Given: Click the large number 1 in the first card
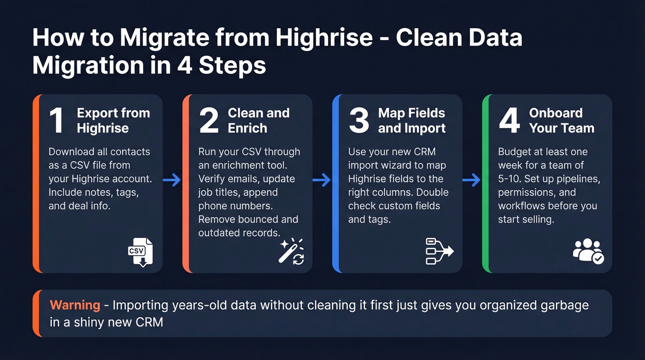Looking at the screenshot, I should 57,120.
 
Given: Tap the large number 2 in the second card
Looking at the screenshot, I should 209,120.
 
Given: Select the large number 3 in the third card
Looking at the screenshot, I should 359,120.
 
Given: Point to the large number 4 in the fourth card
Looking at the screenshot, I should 510,120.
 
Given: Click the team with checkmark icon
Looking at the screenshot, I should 588,252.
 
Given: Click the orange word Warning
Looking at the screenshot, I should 75,305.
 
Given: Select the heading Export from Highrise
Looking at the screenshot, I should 113,120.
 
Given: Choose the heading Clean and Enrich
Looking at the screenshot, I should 258,120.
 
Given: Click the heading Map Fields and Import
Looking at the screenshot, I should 411,120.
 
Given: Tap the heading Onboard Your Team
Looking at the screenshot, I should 562,120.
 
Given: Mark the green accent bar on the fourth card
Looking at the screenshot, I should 485,183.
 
